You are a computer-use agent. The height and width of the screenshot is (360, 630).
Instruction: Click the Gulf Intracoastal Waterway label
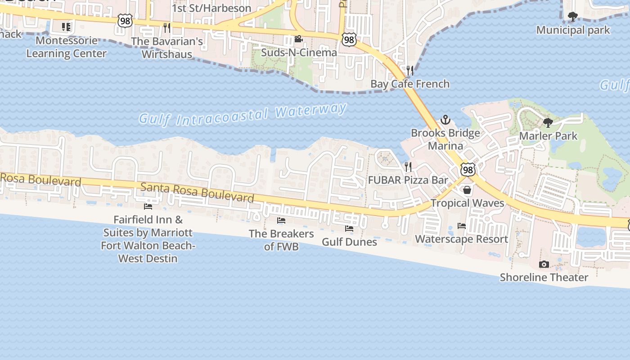[243, 114]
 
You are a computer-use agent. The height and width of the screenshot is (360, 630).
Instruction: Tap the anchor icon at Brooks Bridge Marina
[445, 120]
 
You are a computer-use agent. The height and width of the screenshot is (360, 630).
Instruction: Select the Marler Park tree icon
[548, 122]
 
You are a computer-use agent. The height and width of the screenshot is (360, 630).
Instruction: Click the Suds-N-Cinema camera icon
[298, 39]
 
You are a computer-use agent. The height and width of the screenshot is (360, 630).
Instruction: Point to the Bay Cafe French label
[409, 84]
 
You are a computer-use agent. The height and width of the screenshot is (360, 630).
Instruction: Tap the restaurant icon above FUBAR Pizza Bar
[408, 167]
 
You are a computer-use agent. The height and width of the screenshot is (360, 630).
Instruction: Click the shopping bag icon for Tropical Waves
[467, 190]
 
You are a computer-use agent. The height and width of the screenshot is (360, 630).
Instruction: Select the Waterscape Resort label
[461, 239]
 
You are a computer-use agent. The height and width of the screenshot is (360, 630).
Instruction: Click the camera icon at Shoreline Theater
[544, 264]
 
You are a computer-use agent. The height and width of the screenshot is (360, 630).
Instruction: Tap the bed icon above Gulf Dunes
[349, 229]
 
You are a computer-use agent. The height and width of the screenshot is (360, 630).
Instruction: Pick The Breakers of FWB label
[281, 240]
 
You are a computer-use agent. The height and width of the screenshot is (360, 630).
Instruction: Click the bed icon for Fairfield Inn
[148, 207]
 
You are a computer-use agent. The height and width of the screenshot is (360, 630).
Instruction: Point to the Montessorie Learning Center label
[66, 47]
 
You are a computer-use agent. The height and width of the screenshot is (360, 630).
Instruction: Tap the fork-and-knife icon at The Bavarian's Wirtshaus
[167, 28]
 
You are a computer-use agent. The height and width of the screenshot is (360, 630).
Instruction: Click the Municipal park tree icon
[572, 17]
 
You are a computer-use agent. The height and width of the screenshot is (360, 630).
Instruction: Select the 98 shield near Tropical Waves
[468, 170]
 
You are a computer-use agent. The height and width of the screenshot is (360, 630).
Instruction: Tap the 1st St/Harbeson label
[211, 8]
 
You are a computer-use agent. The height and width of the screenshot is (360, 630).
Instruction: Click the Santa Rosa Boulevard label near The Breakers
[197, 192]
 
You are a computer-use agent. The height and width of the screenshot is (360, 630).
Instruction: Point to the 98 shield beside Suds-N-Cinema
[349, 40]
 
